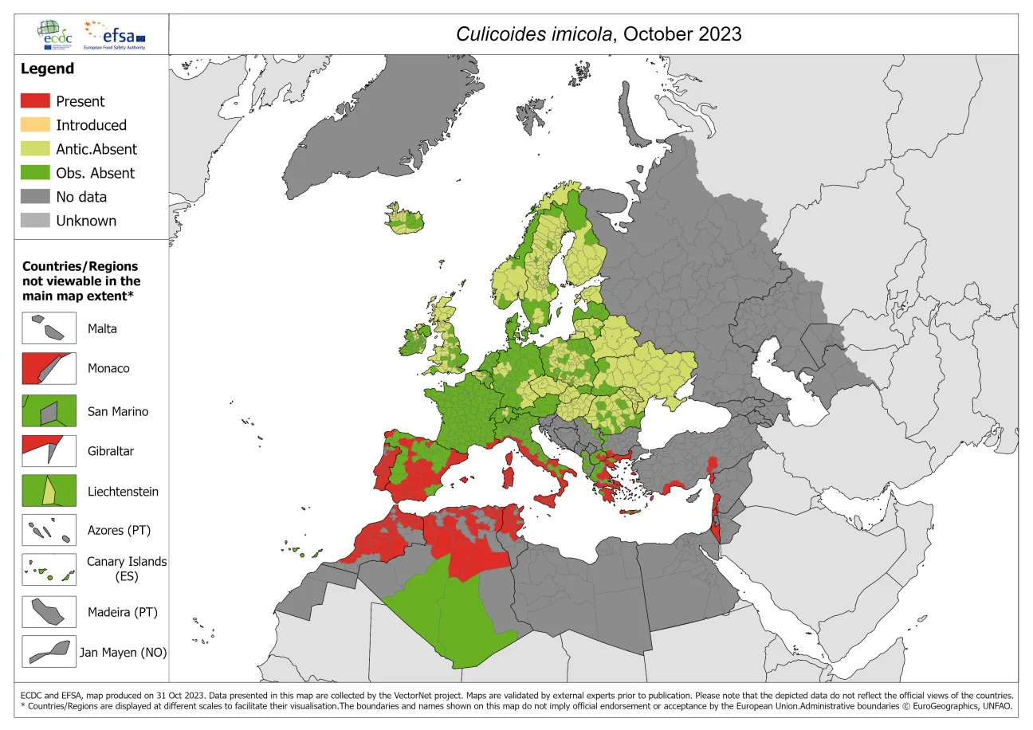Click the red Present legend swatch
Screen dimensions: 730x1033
coord(35,101)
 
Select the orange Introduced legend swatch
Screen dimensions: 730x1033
coord(35,125)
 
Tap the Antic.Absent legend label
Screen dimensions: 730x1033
coord(96,149)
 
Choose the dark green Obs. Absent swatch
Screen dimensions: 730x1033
coord(35,173)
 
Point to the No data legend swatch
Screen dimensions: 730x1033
coord(35,197)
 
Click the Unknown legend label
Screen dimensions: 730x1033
coord(85,221)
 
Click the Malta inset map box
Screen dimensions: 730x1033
coord(49,328)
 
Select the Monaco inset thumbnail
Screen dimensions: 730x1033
coord(49,368)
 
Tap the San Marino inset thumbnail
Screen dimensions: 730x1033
coord(49,411)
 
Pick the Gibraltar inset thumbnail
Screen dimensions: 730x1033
coord(49,451)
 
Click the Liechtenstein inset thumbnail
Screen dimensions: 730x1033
coord(49,492)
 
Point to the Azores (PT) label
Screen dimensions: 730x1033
coord(119,531)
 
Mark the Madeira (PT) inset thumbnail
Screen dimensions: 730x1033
coord(49,612)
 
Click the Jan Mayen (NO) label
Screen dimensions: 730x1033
coord(123,653)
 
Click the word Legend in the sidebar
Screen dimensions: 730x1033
coord(47,69)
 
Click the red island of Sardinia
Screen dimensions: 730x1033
coord(508,477)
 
